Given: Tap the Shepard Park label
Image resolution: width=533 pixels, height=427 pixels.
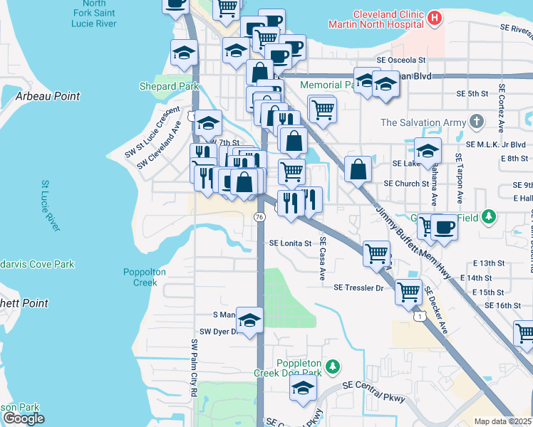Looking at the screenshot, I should pyautogui.click(x=169, y=86).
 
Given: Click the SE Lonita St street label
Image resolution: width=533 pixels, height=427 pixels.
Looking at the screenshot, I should pyautogui.click(x=291, y=243).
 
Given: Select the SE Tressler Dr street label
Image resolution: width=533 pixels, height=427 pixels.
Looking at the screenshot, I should pyautogui.click(x=358, y=288).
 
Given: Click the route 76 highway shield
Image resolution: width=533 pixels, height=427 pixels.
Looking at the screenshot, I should pyautogui.click(x=259, y=216).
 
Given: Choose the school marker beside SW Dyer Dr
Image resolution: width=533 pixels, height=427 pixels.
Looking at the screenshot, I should pyautogui.click(x=250, y=320).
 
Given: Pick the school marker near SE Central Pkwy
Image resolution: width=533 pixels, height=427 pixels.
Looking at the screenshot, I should pyautogui.click(x=303, y=389).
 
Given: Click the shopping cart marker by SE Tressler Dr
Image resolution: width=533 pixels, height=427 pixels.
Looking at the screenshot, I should pyautogui.click(x=408, y=290).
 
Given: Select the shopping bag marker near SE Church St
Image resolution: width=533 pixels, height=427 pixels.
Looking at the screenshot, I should pyautogui.click(x=358, y=169).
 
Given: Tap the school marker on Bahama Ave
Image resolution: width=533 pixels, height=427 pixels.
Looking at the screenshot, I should pyautogui.click(x=428, y=150).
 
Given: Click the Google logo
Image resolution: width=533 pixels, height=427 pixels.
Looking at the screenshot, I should pyautogui.click(x=23, y=418).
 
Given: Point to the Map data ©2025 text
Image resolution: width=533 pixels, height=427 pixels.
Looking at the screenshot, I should pyautogui.click(x=502, y=421).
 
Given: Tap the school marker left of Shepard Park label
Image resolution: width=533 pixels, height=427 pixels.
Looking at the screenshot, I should pyautogui.click(x=184, y=52).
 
